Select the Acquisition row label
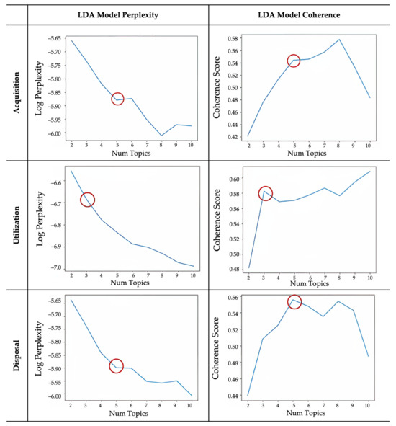16,89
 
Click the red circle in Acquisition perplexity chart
117,99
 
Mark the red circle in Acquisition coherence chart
294,61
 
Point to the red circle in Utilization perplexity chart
87,200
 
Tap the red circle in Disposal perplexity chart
116,366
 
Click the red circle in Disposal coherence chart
294,302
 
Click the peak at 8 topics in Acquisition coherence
339,39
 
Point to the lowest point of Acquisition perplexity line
161,136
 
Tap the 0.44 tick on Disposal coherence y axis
233,396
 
